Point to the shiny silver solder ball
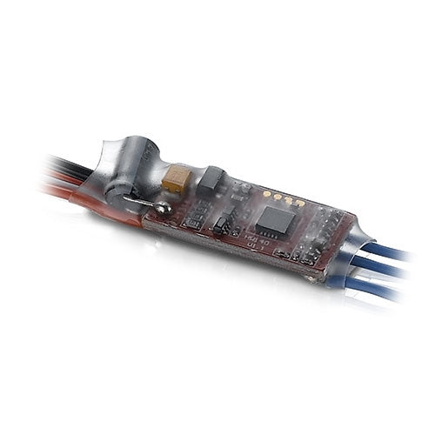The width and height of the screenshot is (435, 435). [x=162, y=209]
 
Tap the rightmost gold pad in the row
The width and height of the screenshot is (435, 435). [x=300, y=203]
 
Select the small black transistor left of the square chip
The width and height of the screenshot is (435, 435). [x=221, y=224]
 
